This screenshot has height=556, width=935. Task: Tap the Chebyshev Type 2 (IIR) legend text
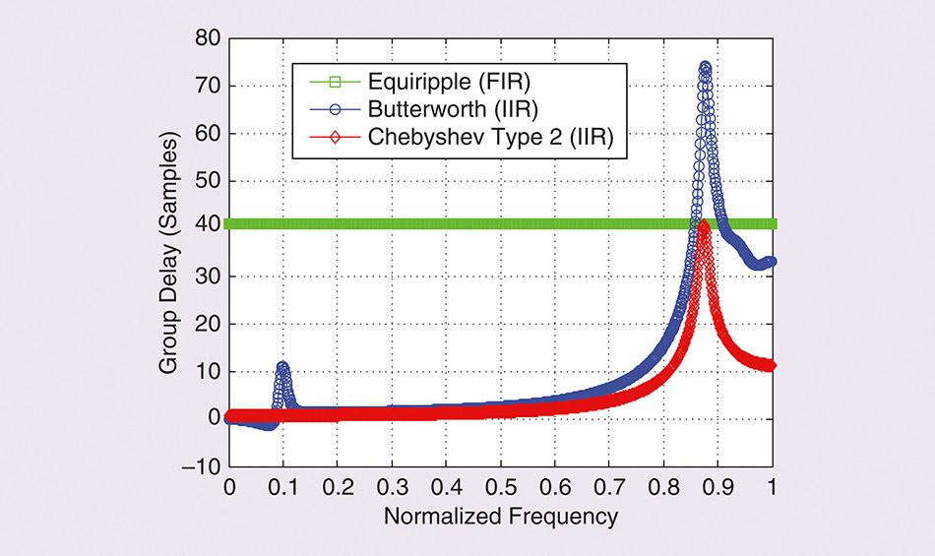[x=488, y=139]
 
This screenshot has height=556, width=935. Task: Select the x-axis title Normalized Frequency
[x=501, y=516]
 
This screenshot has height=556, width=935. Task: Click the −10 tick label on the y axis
[x=204, y=466]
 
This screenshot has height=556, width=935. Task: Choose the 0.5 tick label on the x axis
[x=501, y=487]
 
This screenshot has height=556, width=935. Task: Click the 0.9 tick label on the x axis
[x=718, y=487]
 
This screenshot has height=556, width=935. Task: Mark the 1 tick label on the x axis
[x=773, y=487]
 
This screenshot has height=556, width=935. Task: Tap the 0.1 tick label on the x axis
[x=283, y=487]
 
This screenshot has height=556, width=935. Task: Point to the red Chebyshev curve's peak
[x=703, y=225]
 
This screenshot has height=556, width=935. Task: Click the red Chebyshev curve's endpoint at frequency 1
[x=772, y=365]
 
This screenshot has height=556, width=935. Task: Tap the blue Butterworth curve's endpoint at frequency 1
[x=772, y=262]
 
